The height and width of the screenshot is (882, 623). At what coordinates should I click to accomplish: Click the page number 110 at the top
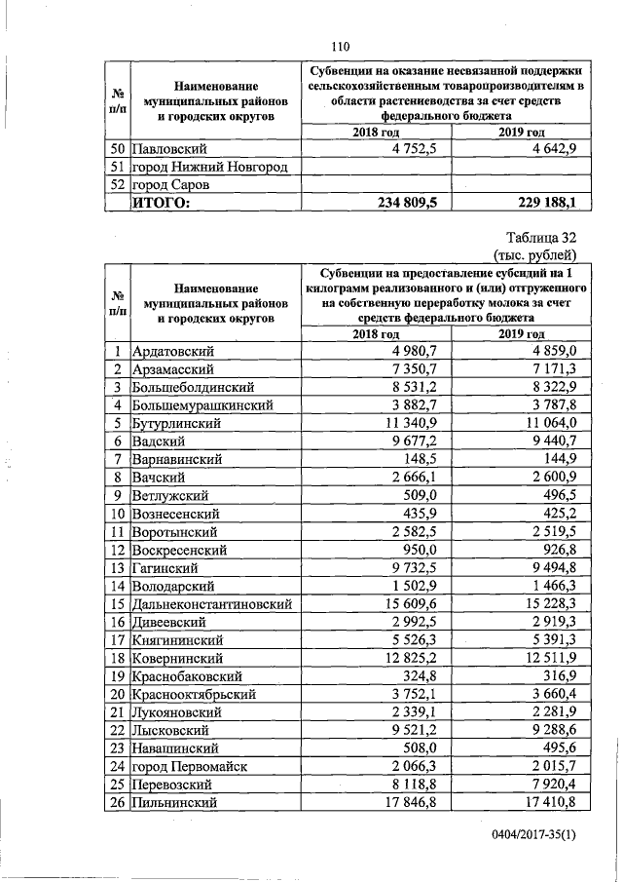339,46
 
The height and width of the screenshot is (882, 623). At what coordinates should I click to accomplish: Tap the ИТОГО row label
162,203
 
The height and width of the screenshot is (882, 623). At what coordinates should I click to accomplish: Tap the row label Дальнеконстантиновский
211,604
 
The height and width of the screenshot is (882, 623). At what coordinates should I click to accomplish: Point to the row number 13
116,568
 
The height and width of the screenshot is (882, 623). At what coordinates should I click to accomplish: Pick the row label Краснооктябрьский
193,694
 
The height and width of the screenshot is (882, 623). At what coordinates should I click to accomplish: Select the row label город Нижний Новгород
209,168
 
